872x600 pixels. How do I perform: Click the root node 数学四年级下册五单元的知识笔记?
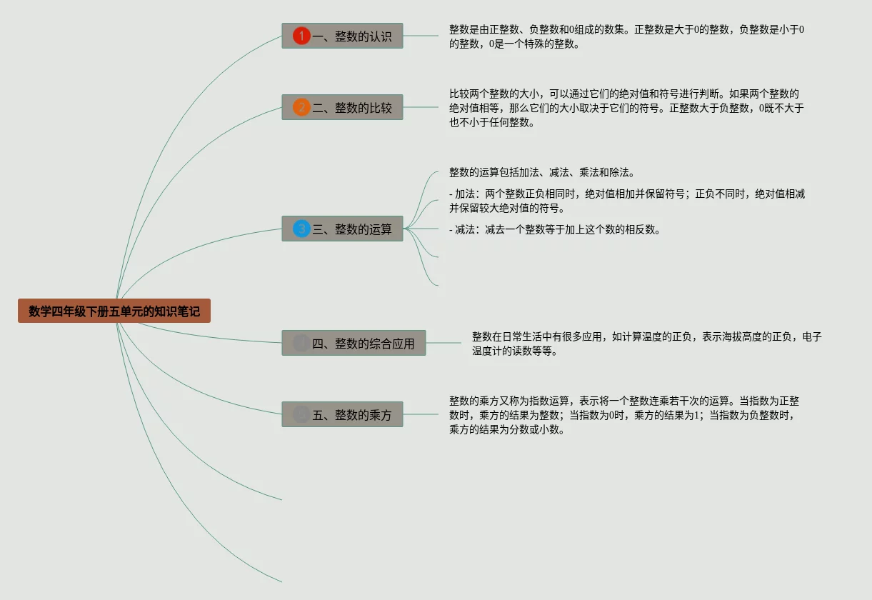(x=114, y=311)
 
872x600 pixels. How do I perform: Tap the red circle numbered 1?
(x=301, y=36)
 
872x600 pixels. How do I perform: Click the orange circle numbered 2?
(x=301, y=107)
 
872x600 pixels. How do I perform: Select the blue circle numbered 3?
(x=301, y=229)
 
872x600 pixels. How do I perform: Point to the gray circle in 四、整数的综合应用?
(x=301, y=343)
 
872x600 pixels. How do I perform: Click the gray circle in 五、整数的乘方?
(x=301, y=414)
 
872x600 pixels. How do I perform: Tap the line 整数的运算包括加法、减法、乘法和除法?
(x=541, y=172)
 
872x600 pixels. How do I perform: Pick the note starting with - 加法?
(x=626, y=201)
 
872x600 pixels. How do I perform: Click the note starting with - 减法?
(x=554, y=229)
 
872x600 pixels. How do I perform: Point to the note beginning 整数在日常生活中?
(x=646, y=343)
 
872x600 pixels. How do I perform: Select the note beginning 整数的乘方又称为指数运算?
(x=623, y=415)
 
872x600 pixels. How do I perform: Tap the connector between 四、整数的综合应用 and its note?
(x=443, y=343)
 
